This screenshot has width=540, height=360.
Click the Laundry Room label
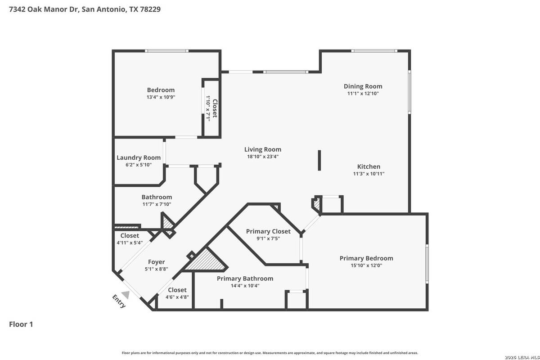tap(139, 157)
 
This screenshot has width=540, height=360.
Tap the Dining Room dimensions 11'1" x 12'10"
tap(363, 94)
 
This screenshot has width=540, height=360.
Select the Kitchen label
tap(369, 166)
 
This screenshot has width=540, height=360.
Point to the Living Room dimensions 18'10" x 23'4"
tap(263, 157)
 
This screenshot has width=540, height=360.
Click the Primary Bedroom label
tap(366, 258)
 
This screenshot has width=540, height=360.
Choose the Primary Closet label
tap(268, 231)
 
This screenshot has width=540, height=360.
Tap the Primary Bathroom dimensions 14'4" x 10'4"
tap(245, 286)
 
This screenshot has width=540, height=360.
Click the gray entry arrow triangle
tap(126, 295)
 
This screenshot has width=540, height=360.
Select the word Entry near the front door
tap(119, 301)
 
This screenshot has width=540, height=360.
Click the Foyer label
tap(157, 262)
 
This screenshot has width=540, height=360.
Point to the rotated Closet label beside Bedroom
tap(215, 108)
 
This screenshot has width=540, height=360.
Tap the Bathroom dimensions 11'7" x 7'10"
tap(157, 204)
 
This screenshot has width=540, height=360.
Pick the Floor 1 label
tap(21, 324)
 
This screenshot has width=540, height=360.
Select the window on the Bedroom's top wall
tap(166, 51)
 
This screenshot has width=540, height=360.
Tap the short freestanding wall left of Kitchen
tap(319, 161)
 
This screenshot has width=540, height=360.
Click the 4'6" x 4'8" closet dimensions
tap(177, 297)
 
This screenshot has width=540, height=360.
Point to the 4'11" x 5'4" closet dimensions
tap(130, 243)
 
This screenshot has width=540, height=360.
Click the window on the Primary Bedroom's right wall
tap(427, 264)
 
